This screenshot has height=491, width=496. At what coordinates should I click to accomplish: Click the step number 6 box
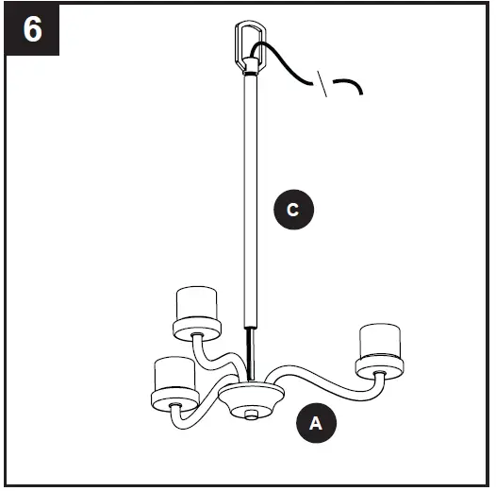pyautogui.click(x=32, y=29)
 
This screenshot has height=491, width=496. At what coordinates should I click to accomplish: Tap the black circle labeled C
pyautogui.click(x=293, y=210)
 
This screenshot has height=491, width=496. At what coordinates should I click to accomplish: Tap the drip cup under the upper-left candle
pyautogui.click(x=196, y=328)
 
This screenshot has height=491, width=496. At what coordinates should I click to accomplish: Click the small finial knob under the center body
pyautogui.click(x=250, y=414)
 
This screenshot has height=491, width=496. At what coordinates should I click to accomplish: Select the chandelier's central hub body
pyautogui.click(x=251, y=395)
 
